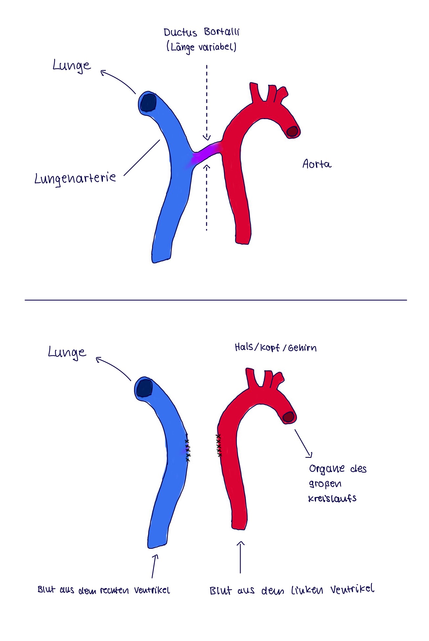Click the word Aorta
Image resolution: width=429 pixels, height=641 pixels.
pos(317,164)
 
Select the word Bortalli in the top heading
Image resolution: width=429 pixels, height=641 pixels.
pos(221,32)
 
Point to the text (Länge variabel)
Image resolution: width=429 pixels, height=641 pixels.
pos(201,47)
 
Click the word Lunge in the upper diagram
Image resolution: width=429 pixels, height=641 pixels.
pos(72,66)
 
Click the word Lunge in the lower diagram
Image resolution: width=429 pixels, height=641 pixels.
pos(67,352)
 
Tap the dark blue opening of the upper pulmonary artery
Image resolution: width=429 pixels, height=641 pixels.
pos(148,102)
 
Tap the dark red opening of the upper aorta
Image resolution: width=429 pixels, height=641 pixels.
pos(292,132)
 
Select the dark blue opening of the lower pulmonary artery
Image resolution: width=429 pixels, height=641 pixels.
pos(145,389)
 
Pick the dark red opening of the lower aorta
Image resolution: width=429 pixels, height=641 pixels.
pos(288,417)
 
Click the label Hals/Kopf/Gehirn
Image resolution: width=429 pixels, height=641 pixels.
pos(276,348)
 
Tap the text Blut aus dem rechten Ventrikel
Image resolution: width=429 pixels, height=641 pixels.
pos(104,590)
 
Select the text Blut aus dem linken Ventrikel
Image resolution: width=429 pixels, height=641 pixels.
pos(292,590)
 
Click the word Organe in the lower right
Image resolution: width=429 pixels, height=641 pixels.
pos(327,468)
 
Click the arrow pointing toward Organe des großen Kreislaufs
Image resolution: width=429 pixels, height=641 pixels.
pos(303,443)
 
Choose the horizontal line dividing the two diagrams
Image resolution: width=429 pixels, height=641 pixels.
pos(215,300)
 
